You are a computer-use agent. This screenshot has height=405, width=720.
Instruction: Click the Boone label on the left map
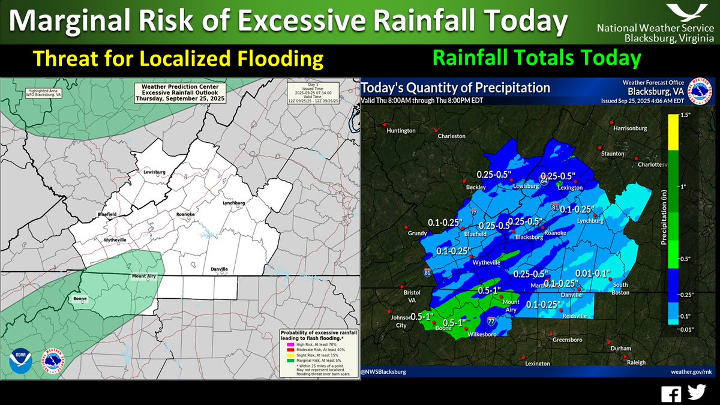point(80,299)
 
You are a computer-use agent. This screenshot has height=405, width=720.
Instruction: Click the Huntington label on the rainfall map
point(401,131)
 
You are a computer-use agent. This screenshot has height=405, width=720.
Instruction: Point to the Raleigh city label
point(635,362)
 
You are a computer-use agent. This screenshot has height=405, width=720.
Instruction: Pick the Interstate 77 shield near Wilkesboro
point(491,321)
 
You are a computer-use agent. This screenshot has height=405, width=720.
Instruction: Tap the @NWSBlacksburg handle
point(383,372)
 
